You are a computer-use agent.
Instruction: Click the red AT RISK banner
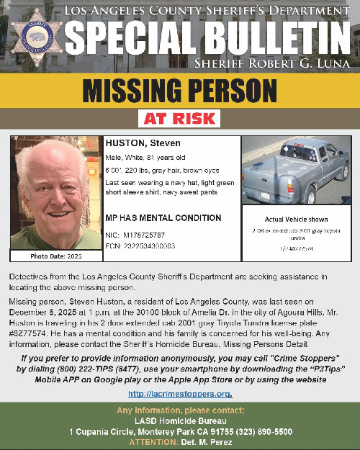[180, 117]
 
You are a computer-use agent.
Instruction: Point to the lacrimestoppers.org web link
[179, 394]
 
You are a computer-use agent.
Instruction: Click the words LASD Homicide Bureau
[179, 421]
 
